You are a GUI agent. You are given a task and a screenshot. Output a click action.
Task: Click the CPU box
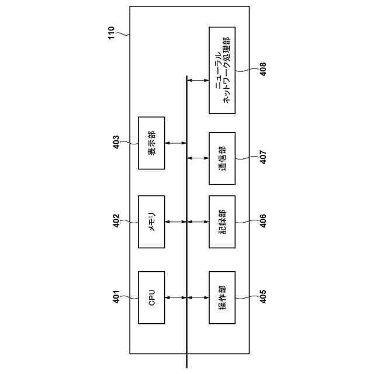tap(151, 297)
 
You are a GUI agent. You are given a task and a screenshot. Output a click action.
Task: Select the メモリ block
tap(151, 221)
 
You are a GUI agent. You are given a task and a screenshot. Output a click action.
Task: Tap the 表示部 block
tap(151, 143)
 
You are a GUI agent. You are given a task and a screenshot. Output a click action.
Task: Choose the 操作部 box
tap(222, 297)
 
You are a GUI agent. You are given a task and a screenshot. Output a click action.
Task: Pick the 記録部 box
tap(222, 221)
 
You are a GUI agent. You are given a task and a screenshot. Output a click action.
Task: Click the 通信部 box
tap(222, 158)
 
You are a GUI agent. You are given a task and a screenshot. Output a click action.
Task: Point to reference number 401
tap(116, 297)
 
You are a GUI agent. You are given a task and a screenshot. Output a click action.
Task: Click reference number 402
tap(116, 221)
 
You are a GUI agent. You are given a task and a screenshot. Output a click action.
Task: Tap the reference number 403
tap(116, 143)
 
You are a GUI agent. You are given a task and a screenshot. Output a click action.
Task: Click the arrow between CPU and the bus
tap(176, 297)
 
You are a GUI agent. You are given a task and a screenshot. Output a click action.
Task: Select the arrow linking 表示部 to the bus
tap(176, 143)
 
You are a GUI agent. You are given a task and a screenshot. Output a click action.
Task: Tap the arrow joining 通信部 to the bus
tap(198, 158)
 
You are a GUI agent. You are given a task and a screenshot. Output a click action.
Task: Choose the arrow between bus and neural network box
tap(198, 80)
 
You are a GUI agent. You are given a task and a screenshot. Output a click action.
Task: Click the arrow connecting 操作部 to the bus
tap(198, 297)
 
